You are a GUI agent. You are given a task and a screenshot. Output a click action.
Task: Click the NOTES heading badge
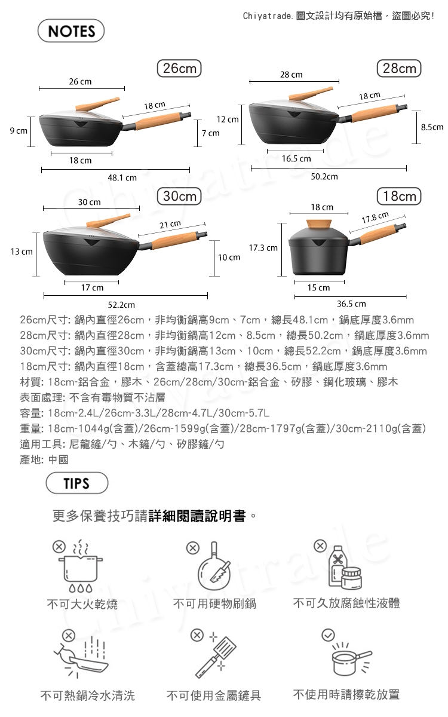pyautogui.click(x=71, y=30)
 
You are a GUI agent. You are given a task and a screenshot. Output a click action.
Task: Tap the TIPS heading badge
pyautogui.click(x=77, y=483)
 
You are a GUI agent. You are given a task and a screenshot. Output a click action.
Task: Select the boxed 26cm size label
pyautogui.click(x=179, y=68)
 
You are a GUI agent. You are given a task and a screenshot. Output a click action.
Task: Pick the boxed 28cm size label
pyautogui.click(x=400, y=68)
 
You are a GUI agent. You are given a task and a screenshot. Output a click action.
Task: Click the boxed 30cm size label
pyautogui.click(x=179, y=196)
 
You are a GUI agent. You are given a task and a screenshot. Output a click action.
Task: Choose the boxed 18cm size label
pyautogui.click(x=400, y=196)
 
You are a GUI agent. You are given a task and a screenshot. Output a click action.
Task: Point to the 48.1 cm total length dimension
pyautogui.click(x=122, y=177)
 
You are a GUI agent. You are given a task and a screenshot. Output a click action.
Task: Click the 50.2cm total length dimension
pyautogui.click(x=324, y=177)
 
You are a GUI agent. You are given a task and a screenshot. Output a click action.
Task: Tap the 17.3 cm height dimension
pyautogui.click(x=263, y=248)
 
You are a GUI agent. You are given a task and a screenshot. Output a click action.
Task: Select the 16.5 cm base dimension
pyautogui.click(x=296, y=159)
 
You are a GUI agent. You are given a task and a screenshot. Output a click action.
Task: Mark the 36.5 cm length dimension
pyautogui.click(x=351, y=304)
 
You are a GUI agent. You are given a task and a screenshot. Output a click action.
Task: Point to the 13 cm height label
pyautogui.click(x=22, y=252)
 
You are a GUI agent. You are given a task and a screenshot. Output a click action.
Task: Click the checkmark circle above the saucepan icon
pyautogui.click(x=328, y=635)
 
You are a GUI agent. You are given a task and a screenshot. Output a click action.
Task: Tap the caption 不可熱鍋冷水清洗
pyautogui.click(x=88, y=695)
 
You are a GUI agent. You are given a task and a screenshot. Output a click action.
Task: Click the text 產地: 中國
pyautogui.click(x=44, y=459)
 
